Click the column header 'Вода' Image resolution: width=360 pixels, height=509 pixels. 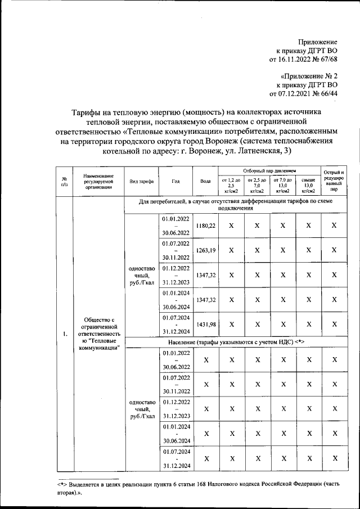(205, 182)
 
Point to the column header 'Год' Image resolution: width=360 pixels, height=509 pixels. (176, 182)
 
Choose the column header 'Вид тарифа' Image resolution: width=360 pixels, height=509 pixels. (141, 182)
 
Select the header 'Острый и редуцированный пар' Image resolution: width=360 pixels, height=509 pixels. (334, 181)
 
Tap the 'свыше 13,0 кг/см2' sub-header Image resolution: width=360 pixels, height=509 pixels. (308, 186)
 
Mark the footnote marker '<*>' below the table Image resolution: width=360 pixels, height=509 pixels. (62, 483)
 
